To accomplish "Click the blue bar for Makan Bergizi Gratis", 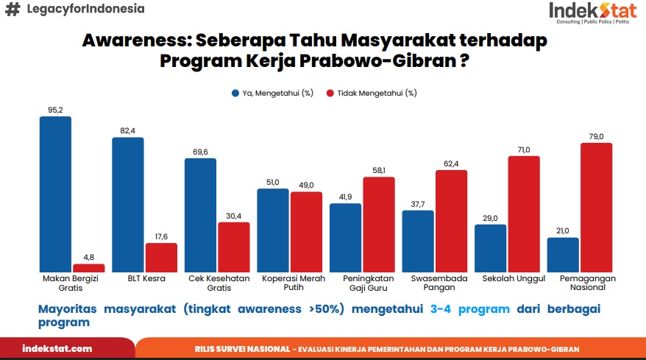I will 55,194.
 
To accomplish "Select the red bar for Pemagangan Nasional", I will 597,208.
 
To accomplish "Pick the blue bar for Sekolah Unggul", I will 490,248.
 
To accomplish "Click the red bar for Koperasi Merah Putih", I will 306,232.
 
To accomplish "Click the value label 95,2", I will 55,110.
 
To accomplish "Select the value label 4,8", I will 89,257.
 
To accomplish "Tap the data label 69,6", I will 200,152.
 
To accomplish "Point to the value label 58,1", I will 379,170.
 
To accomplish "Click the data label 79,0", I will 596,136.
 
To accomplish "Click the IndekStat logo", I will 592,13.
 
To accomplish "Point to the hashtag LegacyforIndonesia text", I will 74,10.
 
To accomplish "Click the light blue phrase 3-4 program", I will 469,309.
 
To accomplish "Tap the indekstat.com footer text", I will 57,348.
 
